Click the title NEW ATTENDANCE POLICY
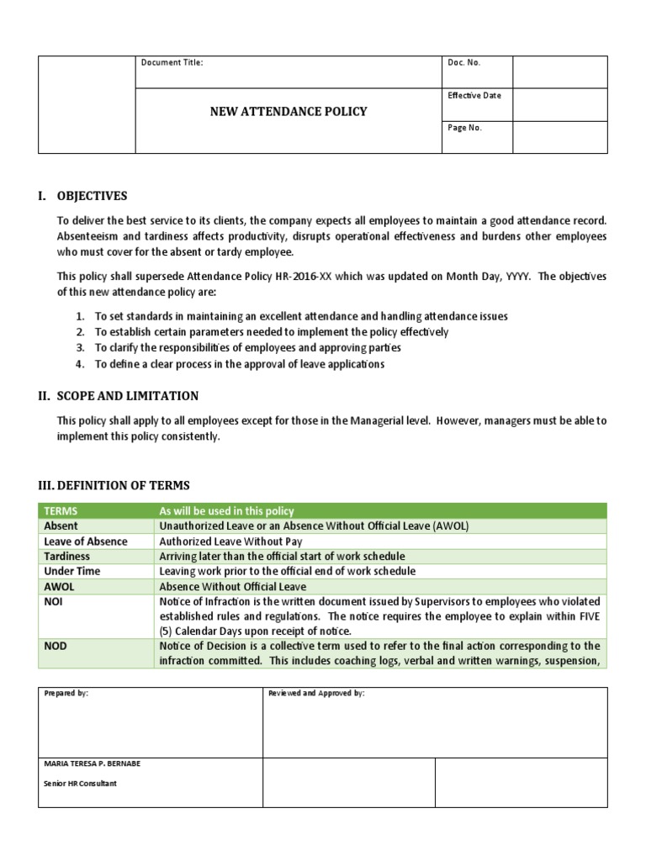[x=289, y=111]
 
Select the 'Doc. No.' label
[x=464, y=62]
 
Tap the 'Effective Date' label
[x=474, y=95]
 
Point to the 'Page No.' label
[x=465, y=128]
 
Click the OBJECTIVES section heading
[x=92, y=196]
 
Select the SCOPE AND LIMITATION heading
[x=127, y=396]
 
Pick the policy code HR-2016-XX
[x=310, y=275]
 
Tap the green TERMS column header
[x=60, y=511]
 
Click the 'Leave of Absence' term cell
[x=85, y=541]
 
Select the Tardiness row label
[x=66, y=557]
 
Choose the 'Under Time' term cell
[x=70, y=571]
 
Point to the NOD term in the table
[x=55, y=646]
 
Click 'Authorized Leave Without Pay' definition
[x=230, y=541]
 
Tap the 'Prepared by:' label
[x=66, y=693]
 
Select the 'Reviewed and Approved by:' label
[x=316, y=693]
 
